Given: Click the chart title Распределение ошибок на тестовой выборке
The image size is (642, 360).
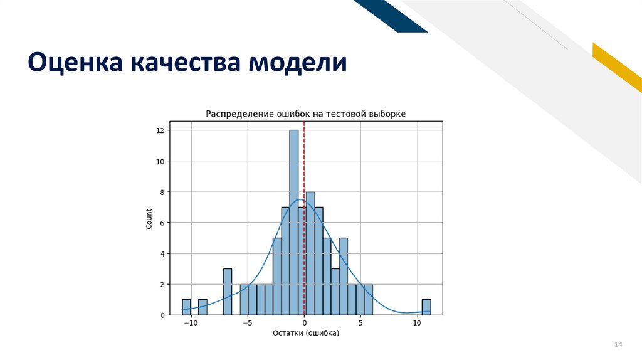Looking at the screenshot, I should [306, 114].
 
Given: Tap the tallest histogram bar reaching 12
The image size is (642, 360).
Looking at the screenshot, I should [293, 220].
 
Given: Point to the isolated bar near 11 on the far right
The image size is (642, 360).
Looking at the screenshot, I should [426, 307].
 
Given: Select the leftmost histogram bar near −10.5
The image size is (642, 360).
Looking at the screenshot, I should [186, 307].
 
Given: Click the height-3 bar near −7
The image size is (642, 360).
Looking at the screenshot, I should [228, 292].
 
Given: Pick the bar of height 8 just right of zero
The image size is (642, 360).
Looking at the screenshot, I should [310, 251].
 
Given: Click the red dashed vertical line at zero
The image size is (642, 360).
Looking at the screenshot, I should [304, 163].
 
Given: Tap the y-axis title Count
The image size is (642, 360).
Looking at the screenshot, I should [149, 218].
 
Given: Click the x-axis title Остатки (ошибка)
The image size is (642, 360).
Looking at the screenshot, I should [305, 333].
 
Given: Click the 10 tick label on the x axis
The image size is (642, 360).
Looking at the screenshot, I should [417, 323].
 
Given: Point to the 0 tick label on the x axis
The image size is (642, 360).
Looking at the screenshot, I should [304, 323].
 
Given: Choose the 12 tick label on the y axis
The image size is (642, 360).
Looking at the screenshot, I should [160, 130].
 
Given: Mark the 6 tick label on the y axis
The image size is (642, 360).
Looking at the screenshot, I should [162, 223].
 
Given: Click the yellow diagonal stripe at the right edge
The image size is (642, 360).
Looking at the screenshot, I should [618, 66].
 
